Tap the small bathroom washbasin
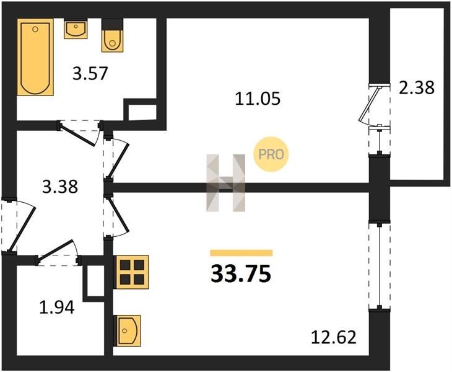(76, 29)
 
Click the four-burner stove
(132, 271)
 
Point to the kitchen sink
(128, 330)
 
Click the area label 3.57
(90, 74)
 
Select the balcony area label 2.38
(417, 87)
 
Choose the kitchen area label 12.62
(335, 339)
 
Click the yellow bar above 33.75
(241, 252)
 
